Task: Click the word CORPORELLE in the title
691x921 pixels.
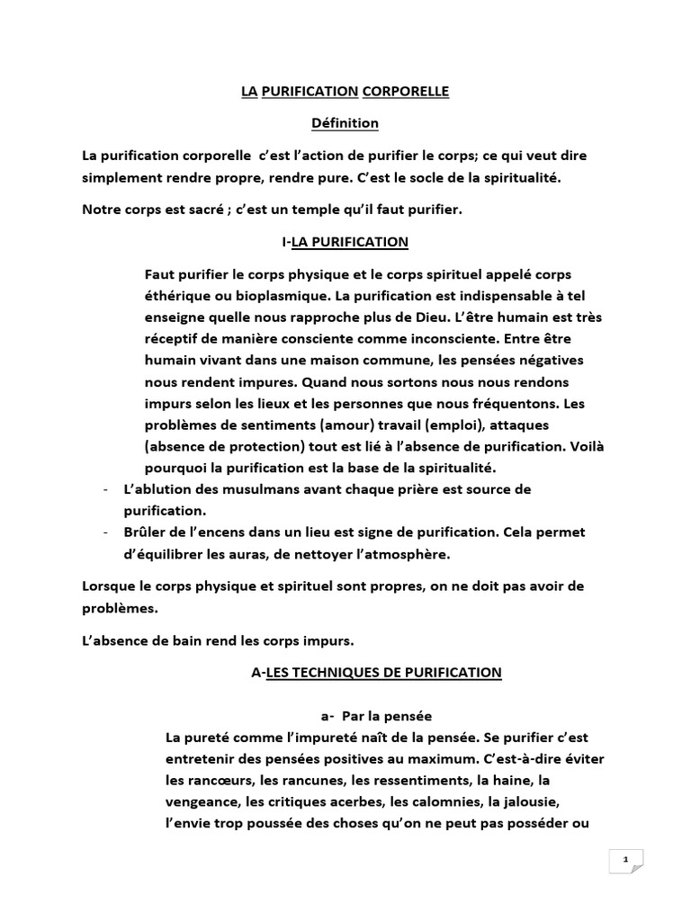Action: click(x=405, y=92)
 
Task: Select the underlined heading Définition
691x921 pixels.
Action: click(x=345, y=122)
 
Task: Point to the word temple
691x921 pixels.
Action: click(x=319, y=210)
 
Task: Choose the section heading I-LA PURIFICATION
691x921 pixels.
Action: click(x=345, y=242)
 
